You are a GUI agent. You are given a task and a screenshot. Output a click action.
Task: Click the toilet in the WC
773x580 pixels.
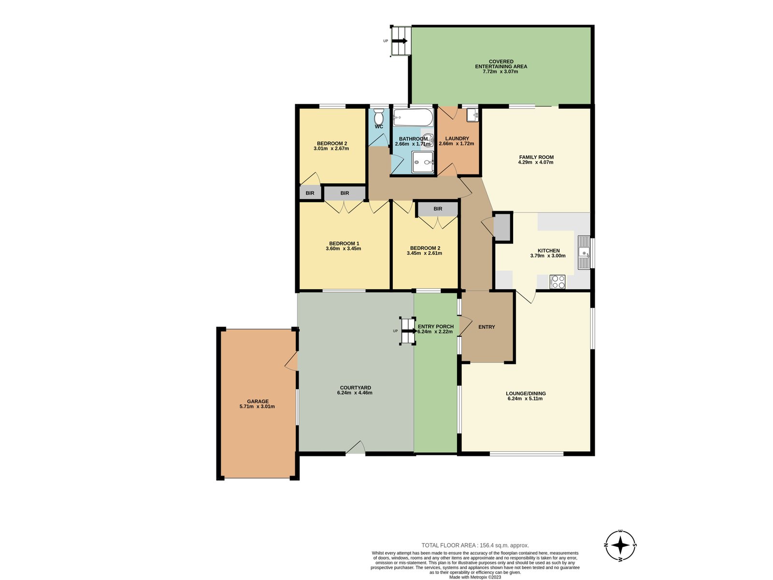379,117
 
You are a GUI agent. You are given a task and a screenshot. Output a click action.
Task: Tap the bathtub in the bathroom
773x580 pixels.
413,117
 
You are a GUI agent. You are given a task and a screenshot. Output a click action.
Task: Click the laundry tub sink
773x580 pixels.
472,115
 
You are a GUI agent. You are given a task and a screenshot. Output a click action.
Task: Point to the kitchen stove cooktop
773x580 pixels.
558,282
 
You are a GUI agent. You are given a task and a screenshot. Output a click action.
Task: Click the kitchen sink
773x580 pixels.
584,252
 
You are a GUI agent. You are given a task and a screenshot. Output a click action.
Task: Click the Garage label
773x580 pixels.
258,401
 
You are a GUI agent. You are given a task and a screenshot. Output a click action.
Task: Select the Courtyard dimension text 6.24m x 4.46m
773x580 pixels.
355,392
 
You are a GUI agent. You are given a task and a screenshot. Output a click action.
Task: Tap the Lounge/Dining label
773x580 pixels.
526,393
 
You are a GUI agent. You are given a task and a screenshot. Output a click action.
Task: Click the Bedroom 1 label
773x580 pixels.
344,243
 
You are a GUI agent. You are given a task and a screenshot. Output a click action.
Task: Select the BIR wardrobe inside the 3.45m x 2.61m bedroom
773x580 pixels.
438,208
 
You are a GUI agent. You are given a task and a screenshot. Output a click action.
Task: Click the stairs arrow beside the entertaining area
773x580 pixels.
400,41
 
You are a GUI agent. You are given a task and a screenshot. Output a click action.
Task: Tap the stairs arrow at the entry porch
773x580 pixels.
410,331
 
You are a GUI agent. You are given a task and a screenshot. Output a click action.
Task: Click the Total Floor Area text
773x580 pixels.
475,546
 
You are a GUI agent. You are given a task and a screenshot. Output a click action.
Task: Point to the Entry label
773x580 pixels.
487,327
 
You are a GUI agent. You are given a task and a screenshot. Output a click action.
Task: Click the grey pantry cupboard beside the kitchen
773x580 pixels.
502,227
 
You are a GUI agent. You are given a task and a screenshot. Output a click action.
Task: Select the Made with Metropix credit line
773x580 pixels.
475,577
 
